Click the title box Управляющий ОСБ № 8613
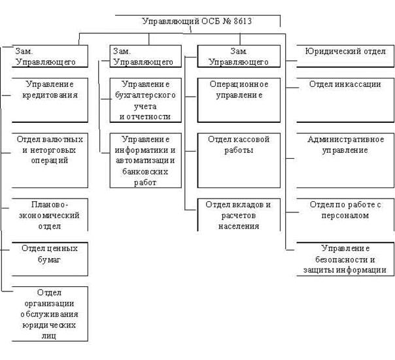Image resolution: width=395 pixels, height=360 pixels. tap(197, 21)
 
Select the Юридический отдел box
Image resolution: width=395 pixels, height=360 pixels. tap(345, 56)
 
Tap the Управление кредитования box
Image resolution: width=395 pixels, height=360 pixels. tap(50, 100)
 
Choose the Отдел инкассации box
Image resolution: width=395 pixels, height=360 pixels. tap(345, 100)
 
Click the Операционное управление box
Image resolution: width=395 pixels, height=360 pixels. tap(239, 100)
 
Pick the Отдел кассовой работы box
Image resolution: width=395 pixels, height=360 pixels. tap(239, 161)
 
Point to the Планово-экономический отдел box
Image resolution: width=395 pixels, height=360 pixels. tap(50, 215)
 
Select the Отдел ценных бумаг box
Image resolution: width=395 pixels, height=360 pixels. tap(50, 259)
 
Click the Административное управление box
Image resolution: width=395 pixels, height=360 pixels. tap(345, 161)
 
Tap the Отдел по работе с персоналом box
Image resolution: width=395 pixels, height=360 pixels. tap(345, 215)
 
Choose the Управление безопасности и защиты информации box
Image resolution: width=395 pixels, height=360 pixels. tap(345, 259)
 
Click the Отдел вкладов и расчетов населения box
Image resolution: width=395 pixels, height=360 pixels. tap(239, 215)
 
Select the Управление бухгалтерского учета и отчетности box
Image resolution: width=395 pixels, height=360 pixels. tap(146, 100)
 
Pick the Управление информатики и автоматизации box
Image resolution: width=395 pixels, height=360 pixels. tap(146, 161)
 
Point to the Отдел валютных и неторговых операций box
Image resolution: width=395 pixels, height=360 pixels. tap(50, 161)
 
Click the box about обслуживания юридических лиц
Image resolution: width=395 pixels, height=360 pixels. tap(50, 314)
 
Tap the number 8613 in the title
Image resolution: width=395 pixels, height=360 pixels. tap(243, 21)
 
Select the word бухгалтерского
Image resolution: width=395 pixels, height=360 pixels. tap(145, 95)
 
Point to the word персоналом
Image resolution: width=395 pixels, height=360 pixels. tap(345, 216)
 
